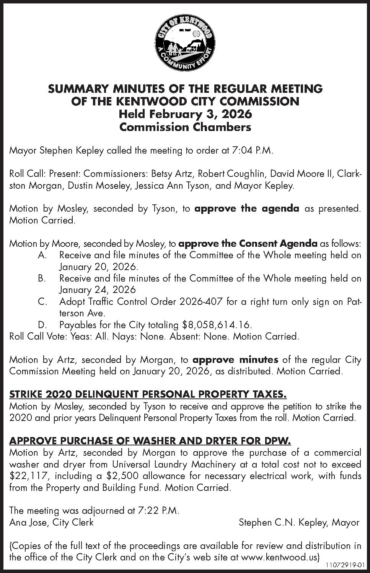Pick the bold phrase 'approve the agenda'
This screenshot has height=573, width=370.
tap(247, 209)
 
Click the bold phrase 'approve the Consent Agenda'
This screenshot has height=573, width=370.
tap(248, 243)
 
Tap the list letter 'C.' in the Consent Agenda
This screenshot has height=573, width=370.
tap(42, 302)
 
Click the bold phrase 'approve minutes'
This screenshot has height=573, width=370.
tap(235, 359)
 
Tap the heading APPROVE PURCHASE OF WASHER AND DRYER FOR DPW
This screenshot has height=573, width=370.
tap(150, 441)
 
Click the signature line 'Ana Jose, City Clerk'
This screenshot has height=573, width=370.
tap(51, 522)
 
